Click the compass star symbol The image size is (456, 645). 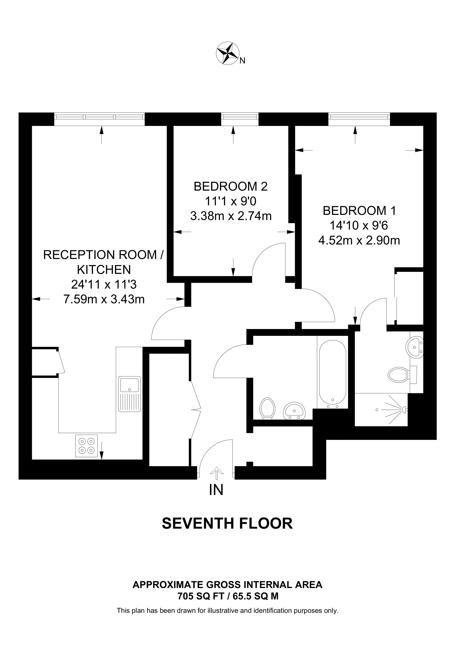click(227, 53)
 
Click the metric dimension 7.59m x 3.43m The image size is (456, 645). click(104, 299)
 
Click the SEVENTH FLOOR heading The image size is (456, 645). click(227, 523)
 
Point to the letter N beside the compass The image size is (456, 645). click(242, 61)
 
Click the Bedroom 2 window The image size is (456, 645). click(240, 119)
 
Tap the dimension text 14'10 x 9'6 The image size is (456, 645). click(359, 226)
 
